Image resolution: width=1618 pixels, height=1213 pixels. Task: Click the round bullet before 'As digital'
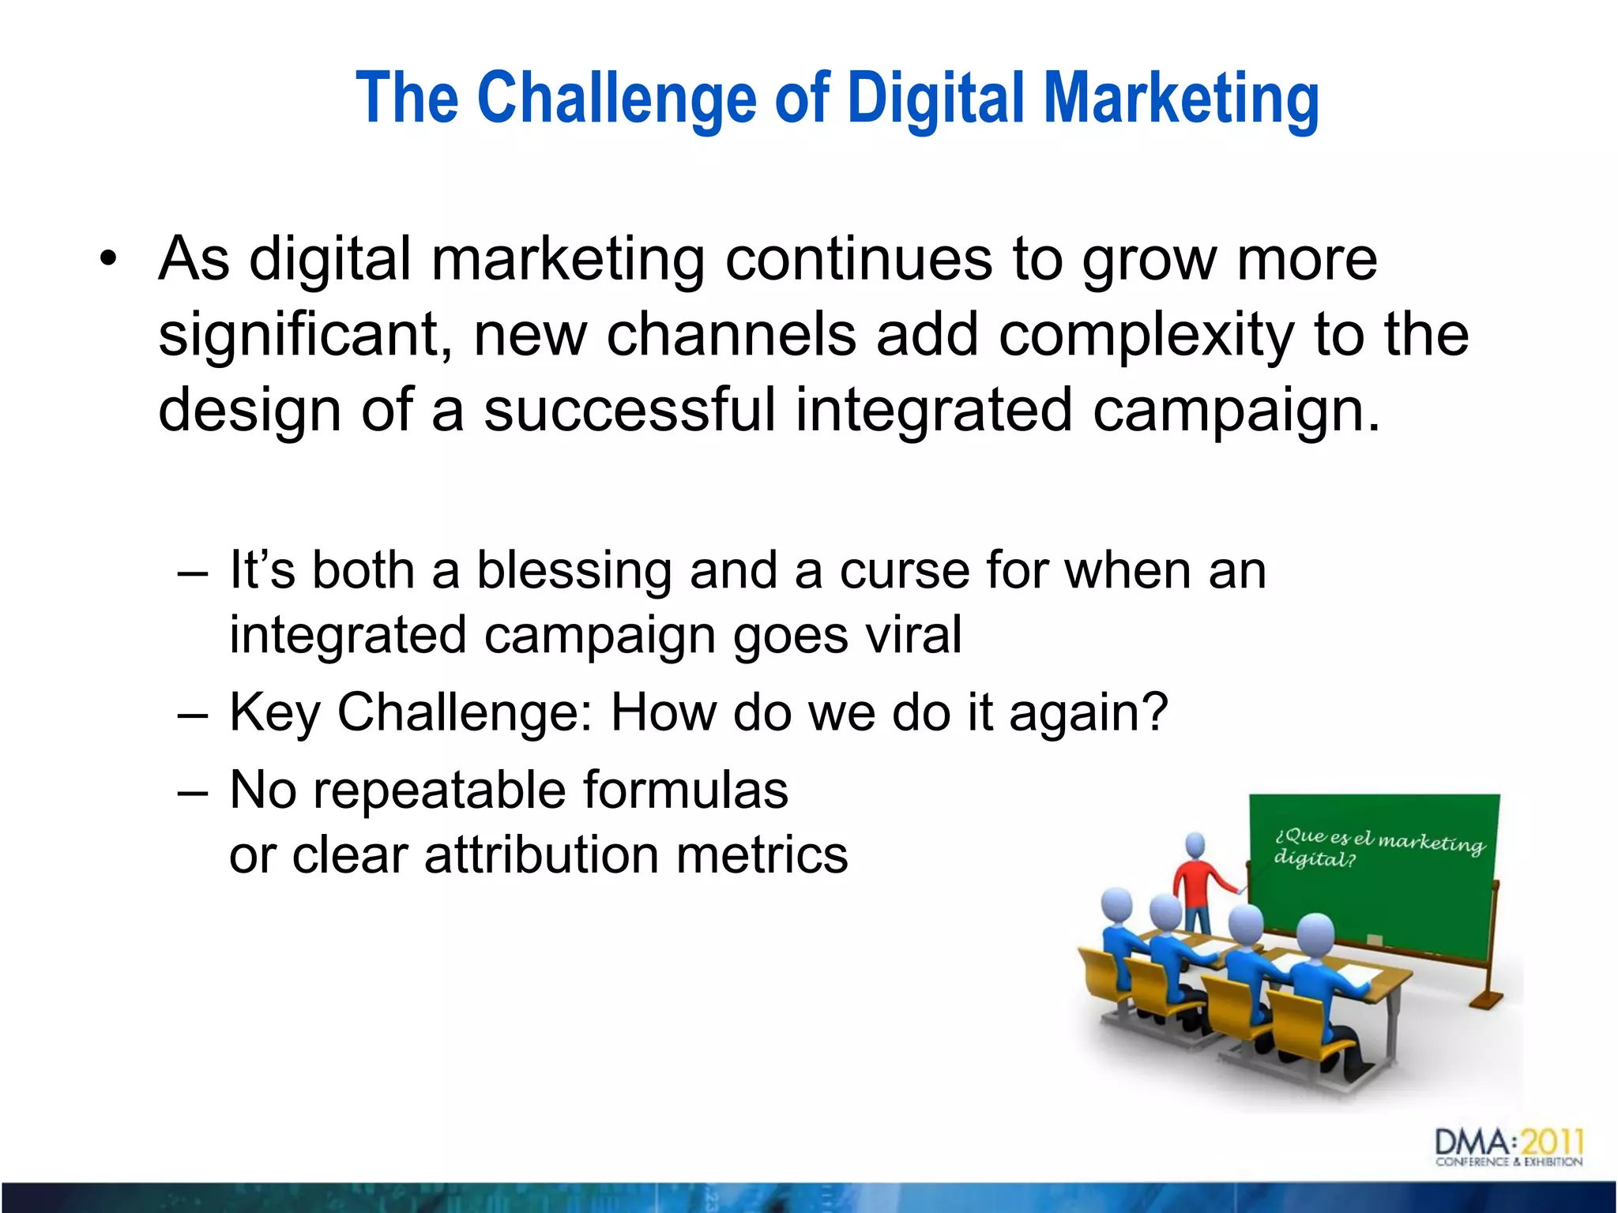click(x=108, y=259)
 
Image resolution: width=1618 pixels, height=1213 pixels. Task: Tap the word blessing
click(x=574, y=570)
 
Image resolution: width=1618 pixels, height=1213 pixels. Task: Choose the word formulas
click(x=685, y=790)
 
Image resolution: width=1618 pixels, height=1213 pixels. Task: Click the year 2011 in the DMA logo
click(x=1552, y=1142)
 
